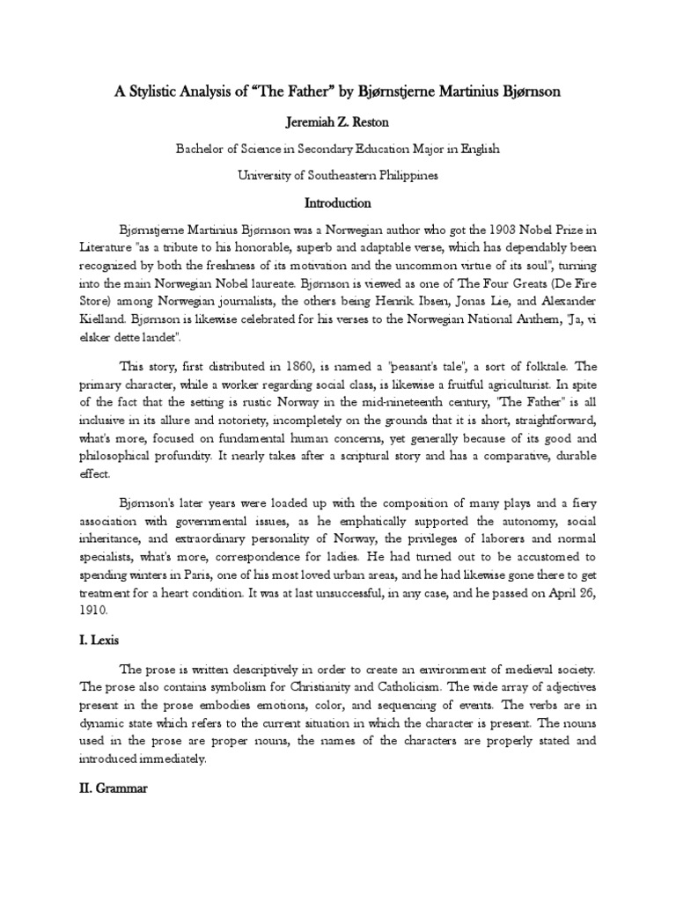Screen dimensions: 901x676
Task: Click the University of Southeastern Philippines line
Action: pos(338,176)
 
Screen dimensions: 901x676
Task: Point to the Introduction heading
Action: pos(338,203)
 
